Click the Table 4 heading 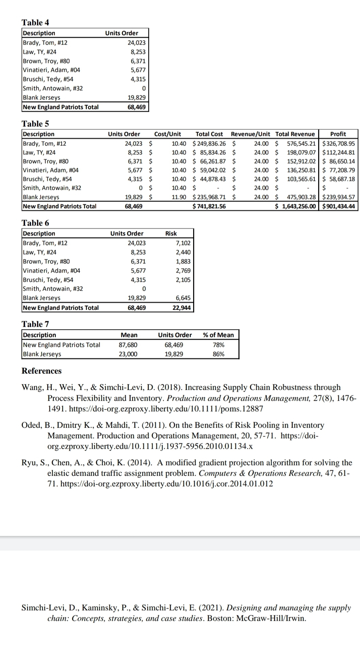click(35, 22)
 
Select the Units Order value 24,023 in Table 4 click(136, 43)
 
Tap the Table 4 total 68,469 click(136, 107)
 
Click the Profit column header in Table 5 click(338, 134)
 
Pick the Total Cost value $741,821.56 click(209, 206)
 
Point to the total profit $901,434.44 click(338, 206)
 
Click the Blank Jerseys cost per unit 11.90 click(179, 197)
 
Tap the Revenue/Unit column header click(250, 134)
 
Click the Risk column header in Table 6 click(171, 233)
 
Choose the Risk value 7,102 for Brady click(183, 243)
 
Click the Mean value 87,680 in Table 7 click(128, 345)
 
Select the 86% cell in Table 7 click(218, 354)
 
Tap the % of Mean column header click(218, 335)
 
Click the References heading click(42, 371)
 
